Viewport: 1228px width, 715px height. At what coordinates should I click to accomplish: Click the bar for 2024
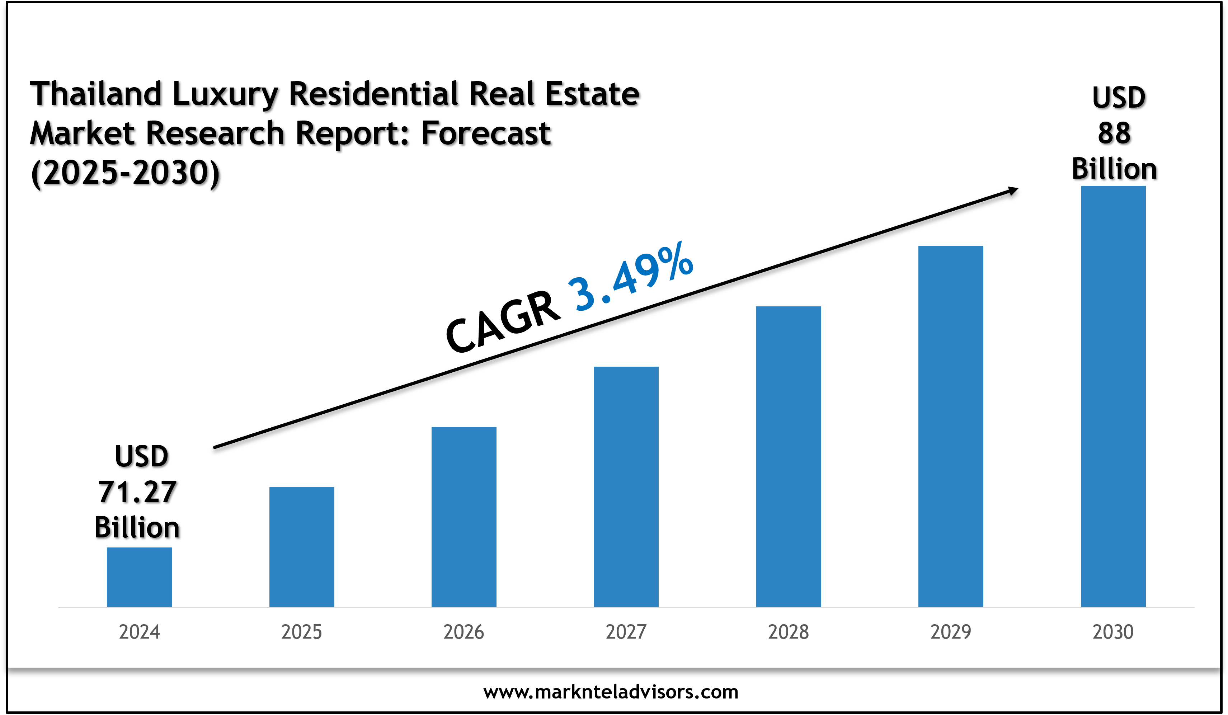tap(139, 577)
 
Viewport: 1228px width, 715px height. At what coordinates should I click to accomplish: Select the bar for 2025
tap(302, 547)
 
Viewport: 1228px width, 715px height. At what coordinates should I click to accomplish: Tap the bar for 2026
tap(464, 517)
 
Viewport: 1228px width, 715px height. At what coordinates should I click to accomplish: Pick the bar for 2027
tap(626, 486)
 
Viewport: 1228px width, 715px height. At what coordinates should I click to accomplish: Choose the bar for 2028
tap(789, 456)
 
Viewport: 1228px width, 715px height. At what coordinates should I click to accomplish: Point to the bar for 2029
tap(951, 427)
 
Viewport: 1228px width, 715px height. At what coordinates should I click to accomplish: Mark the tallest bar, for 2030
tap(1113, 396)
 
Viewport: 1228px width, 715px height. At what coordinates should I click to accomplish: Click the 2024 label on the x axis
tap(139, 632)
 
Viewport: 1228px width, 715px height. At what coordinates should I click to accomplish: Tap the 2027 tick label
tap(626, 632)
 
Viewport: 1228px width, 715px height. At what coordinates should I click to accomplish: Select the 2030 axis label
tap(1113, 632)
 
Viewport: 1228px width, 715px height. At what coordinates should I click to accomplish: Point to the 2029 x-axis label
tap(951, 632)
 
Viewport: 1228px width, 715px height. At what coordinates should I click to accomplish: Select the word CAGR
tap(503, 322)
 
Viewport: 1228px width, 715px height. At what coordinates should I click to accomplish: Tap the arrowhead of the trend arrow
tap(1013, 190)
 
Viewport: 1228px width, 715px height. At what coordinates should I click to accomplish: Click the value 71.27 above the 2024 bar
tap(137, 492)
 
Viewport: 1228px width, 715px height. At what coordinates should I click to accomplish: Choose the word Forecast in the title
tap(486, 133)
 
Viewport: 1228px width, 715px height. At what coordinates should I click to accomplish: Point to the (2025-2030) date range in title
tap(125, 173)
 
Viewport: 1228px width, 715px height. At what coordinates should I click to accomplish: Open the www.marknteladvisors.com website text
tap(611, 692)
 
